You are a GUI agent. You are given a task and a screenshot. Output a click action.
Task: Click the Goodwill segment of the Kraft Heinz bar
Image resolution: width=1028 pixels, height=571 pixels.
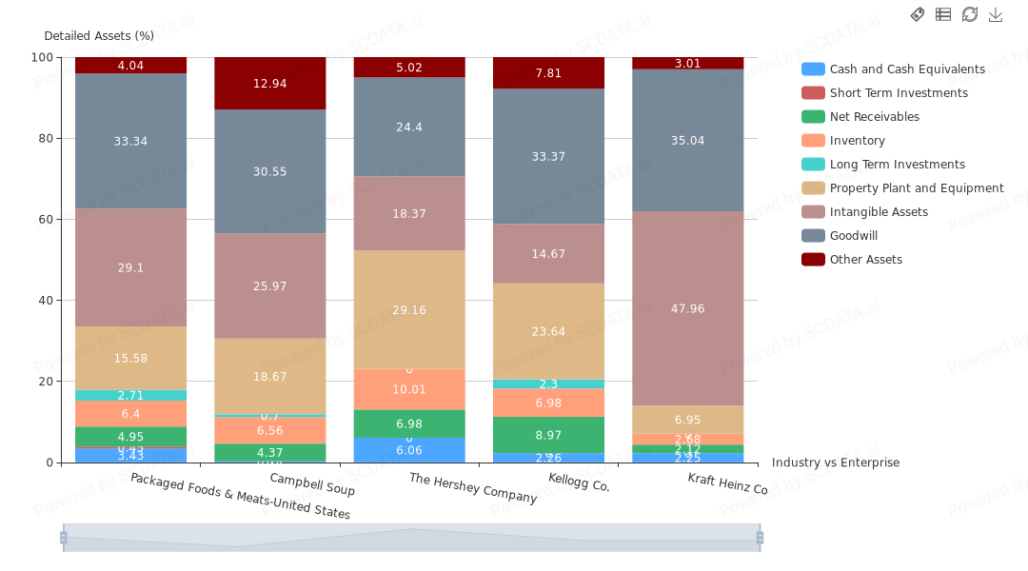pyautogui.click(x=688, y=140)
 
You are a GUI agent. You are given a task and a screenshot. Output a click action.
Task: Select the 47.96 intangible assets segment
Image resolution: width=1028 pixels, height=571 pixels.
pyautogui.click(x=688, y=308)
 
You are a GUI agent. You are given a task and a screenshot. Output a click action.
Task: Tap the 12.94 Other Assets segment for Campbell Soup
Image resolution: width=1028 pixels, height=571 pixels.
pyautogui.click(x=270, y=84)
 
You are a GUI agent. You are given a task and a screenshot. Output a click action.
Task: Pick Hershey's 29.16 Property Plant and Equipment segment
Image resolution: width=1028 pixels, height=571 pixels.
pyautogui.click(x=409, y=309)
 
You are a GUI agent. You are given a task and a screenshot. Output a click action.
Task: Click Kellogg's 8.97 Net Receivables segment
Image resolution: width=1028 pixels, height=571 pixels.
pyautogui.click(x=548, y=435)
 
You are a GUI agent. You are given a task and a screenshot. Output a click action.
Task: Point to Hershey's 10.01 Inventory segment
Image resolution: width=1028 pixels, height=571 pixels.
pyautogui.click(x=409, y=389)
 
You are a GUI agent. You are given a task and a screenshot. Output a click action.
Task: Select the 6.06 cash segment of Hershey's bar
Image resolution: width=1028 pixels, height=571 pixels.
pyautogui.click(x=409, y=450)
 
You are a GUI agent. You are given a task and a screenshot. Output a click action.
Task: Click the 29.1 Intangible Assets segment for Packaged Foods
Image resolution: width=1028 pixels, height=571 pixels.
pyautogui.click(x=131, y=267)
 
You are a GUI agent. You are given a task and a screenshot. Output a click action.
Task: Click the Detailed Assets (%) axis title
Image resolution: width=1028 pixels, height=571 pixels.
pyautogui.click(x=99, y=36)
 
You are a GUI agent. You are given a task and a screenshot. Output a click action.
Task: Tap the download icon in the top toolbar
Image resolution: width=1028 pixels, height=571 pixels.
pyautogui.click(x=996, y=14)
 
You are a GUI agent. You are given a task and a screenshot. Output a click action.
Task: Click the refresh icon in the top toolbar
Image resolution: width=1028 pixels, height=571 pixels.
pyautogui.click(x=970, y=14)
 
